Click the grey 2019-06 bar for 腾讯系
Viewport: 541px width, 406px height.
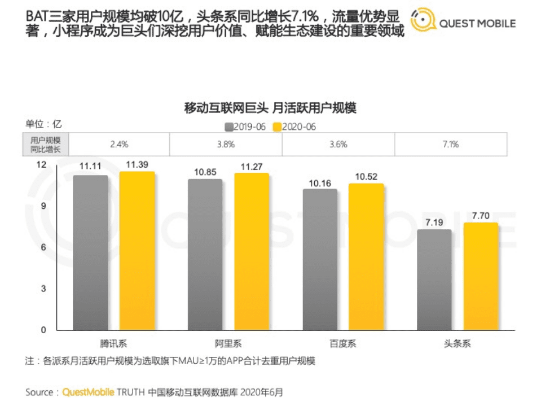90,252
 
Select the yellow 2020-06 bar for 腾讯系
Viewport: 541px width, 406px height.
137,251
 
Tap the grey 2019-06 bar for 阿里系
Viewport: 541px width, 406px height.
205,255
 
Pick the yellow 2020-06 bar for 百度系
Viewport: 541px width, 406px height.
366,257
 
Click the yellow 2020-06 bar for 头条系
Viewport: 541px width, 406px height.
481,276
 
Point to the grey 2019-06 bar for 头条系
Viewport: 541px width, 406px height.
434,280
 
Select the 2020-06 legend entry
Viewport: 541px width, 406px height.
293,126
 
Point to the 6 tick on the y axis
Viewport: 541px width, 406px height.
43,247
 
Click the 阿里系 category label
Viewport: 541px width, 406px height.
228,343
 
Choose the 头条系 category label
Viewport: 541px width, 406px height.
457,343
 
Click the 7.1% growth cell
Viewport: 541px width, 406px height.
451,145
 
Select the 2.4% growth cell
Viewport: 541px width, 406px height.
120,145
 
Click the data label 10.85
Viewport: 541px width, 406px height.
205,171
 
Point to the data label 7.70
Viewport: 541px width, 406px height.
480,215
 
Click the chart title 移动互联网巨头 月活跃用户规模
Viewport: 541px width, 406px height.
270,107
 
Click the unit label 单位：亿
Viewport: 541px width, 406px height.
43,124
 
